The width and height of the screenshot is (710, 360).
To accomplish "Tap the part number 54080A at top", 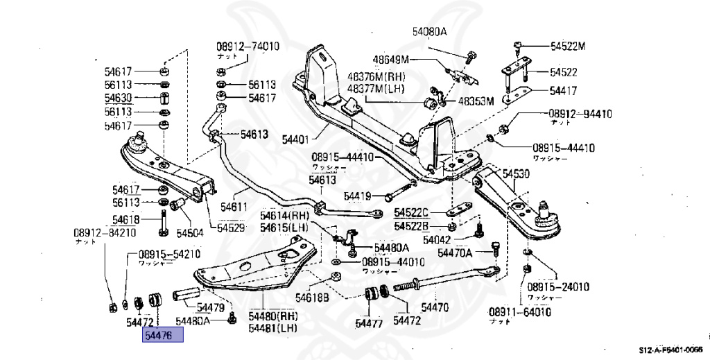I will [x=430, y=32].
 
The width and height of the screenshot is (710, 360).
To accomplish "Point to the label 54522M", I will [x=568, y=46].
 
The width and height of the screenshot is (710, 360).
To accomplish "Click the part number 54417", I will [x=564, y=90].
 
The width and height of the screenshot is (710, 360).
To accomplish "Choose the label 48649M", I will [x=392, y=60].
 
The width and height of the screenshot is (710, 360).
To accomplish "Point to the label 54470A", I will [x=455, y=253].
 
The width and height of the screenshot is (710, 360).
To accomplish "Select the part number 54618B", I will [x=312, y=298].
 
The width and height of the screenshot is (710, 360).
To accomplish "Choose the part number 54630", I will [x=119, y=98].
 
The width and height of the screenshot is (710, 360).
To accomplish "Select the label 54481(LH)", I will [x=277, y=327].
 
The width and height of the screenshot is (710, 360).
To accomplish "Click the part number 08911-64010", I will [x=520, y=312].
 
